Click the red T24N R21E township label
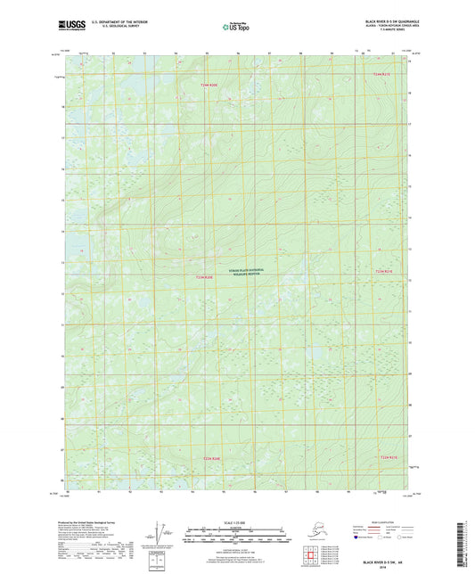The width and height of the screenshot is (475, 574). [x=383, y=73]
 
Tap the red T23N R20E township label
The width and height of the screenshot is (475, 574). [x=204, y=277]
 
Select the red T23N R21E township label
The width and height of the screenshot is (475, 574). [x=383, y=271]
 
